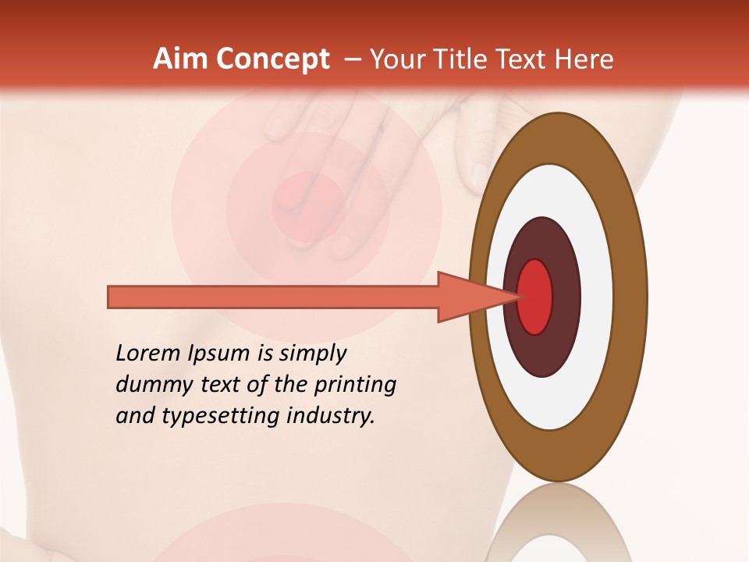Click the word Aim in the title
(x=172, y=59)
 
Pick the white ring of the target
(x=596, y=297)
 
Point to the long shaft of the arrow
(x=273, y=297)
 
